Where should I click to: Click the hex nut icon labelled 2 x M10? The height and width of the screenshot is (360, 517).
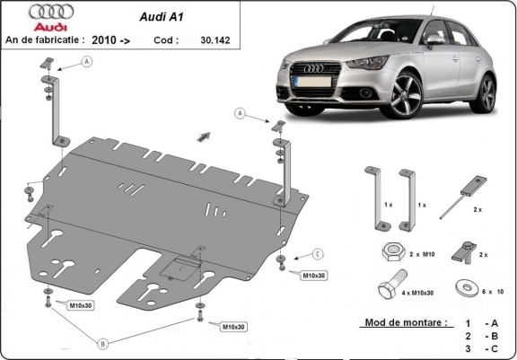[391, 252]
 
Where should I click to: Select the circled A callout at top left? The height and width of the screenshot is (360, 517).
[87, 61]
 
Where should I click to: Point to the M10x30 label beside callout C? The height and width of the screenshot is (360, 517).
[311, 275]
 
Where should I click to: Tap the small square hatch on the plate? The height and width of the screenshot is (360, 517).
[185, 267]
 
